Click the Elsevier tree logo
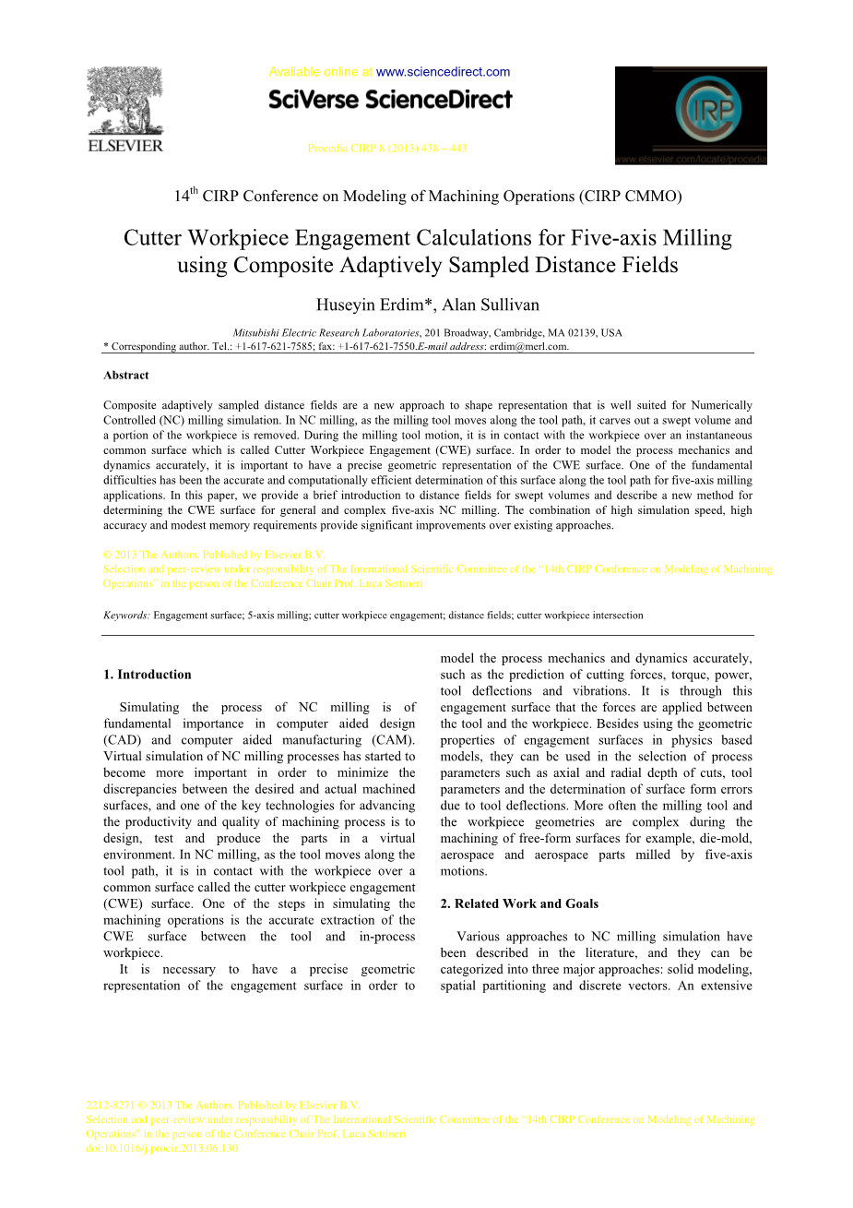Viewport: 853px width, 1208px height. tap(124, 102)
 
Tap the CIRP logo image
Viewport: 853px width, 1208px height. tap(691, 115)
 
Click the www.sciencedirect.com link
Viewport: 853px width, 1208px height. tap(443, 72)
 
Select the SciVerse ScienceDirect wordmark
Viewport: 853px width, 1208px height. tap(390, 100)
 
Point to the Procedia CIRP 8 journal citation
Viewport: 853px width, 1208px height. tap(386, 148)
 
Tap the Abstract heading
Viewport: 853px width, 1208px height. tap(126, 376)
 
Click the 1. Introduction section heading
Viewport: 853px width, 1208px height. tap(148, 675)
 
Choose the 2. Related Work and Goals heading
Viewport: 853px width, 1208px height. tap(519, 903)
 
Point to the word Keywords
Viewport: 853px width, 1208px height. tap(125, 615)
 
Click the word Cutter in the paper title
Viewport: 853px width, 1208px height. tap(153, 238)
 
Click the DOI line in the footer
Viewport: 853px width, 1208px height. tap(162, 1148)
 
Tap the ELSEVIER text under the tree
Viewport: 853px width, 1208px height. tap(124, 146)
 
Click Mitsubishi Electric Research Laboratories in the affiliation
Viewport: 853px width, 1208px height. tap(326, 333)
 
